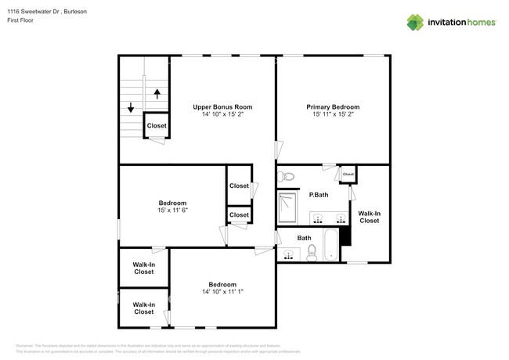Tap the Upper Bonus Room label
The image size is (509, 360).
222,106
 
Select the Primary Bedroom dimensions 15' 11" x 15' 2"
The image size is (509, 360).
333,114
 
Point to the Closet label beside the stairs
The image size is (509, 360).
157,125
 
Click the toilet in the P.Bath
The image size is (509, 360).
287,176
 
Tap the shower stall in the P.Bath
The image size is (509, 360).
288,208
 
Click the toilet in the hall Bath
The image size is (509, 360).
311,251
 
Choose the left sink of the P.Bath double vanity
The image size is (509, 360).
319,217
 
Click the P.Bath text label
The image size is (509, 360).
317,195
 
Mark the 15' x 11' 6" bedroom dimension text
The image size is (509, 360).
173,211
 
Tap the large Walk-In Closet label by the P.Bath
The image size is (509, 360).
369,217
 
